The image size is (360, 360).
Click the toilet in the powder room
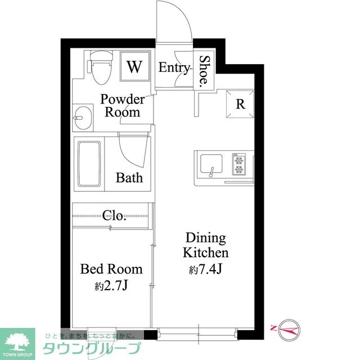[101, 67]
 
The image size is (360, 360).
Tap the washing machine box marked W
[135, 66]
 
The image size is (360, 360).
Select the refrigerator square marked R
[240, 104]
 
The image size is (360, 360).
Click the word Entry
[174, 67]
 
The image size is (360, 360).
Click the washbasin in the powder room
[83, 118]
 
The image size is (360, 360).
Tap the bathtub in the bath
[89, 164]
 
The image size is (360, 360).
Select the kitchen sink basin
[211, 164]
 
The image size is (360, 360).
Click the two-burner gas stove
[238, 164]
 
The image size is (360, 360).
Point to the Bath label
[129, 178]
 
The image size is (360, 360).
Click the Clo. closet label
[114, 215]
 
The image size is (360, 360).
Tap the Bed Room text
[111, 269]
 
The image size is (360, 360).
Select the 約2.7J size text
[111, 286]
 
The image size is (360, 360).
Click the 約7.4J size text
[205, 269]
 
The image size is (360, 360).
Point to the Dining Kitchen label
[206, 245]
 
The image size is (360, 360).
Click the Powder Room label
[123, 106]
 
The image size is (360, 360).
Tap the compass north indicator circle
[289, 330]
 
